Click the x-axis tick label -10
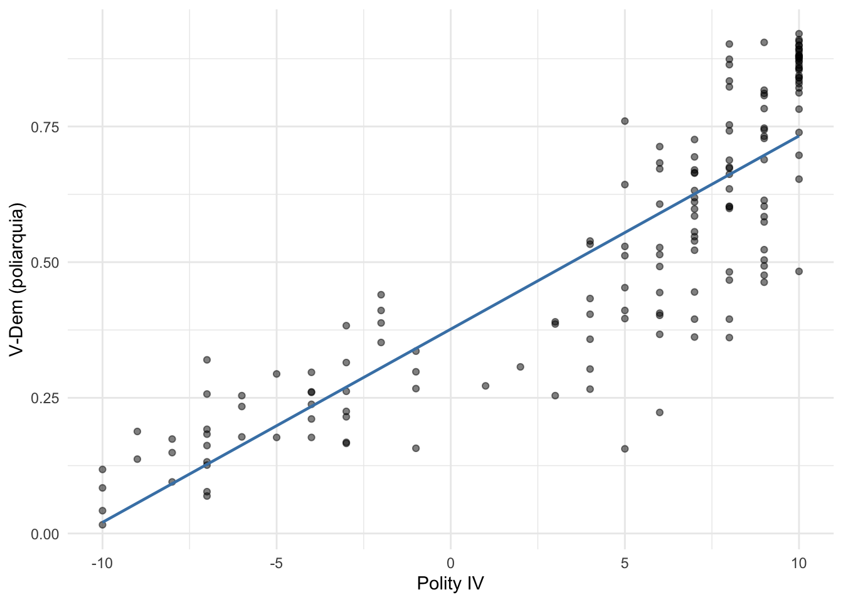click(x=102, y=563)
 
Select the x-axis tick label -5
click(x=276, y=563)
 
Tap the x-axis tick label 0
click(x=450, y=563)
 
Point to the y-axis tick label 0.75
click(x=46, y=127)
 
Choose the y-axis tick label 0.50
click(x=46, y=262)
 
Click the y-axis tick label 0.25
click(x=46, y=398)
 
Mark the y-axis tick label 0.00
click(x=46, y=534)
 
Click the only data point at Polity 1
click(x=485, y=386)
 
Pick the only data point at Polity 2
click(x=520, y=367)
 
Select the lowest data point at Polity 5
click(x=625, y=449)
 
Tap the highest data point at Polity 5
click(x=625, y=121)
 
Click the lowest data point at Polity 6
click(x=660, y=413)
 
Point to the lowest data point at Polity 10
click(x=799, y=272)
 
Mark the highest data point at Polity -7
click(x=207, y=360)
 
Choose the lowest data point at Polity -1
click(x=416, y=448)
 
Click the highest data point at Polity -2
click(x=381, y=295)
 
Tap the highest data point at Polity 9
click(x=764, y=43)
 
